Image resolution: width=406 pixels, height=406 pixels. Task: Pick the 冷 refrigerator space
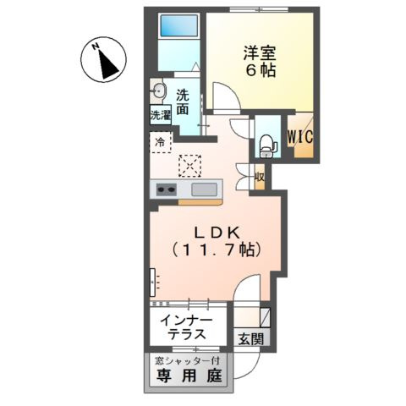[160, 142]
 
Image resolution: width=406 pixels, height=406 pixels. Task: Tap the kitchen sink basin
[204, 189]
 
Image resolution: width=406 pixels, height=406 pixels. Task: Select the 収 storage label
[261, 178]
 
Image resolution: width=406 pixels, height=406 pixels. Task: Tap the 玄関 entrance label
[250, 340]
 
